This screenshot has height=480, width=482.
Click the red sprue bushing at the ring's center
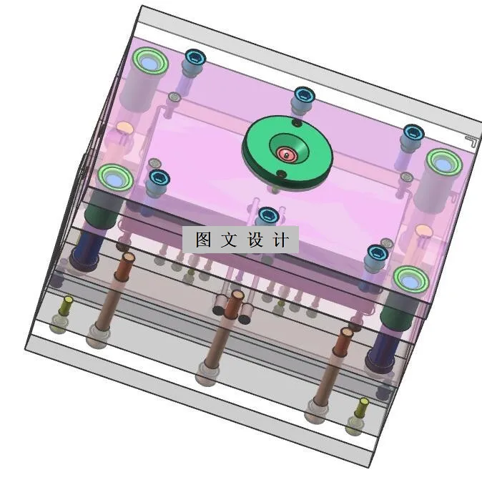click(x=287, y=154)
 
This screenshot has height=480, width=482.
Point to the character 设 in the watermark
click(x=255, y=240)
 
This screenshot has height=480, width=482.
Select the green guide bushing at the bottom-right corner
click(x=408, y=278)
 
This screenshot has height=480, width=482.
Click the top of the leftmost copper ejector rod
click(x=129, y=255)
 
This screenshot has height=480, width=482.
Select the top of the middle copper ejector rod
click(x=236, y=294)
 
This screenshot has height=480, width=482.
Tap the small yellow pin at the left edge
click(x=69, y=300)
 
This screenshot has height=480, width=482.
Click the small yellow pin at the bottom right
click(x=363, y=403)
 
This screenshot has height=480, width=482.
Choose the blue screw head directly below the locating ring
click(x=267, y=215)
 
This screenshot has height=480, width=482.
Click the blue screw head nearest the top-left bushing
click(x=193, y=57)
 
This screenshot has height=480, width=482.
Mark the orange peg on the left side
click(x=124, y=129)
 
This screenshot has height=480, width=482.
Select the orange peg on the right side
click(x=423, y=231)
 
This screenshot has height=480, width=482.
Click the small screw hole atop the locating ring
click(x=296, y=124)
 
